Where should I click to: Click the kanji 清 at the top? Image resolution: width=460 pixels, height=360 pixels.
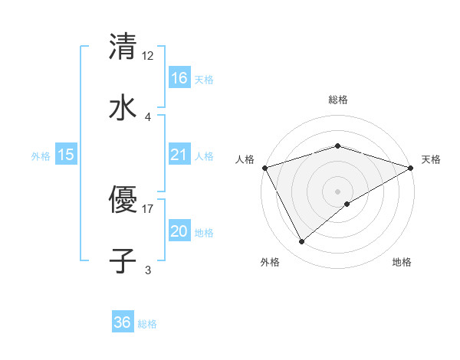tap(123, 46)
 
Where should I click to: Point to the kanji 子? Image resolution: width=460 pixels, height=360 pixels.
tap(123, 260)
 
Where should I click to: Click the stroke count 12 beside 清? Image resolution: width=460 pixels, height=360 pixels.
tap(148, 55)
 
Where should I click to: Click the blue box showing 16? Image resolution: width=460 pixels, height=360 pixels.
tap(179, 78)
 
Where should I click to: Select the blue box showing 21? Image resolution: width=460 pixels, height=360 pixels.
tap(179, 155)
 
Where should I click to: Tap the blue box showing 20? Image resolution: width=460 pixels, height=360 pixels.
tap(179, 232)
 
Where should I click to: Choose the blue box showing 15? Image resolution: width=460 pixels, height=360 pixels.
tap(66, 155)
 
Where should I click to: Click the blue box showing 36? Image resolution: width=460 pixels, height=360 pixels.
tap(123, 322)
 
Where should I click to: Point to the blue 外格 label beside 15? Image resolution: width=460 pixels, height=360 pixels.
tap(41, 156)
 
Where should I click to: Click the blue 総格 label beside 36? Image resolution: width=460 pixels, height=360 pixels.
tap(147, 324)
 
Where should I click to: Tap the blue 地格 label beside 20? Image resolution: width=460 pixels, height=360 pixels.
tap(204, 233)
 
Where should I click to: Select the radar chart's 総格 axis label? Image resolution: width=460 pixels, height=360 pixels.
tap(338, 100)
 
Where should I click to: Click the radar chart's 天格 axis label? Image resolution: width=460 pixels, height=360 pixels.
tap(432, 159)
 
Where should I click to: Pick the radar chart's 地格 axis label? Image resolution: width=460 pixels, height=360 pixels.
tap(402, 262)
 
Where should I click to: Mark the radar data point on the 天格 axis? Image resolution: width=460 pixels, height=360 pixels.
tap(411, 167)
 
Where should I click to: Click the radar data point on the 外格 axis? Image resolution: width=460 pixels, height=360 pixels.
tap(302, 242)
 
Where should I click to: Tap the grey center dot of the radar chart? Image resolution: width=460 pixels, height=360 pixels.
tap(338, 191)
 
